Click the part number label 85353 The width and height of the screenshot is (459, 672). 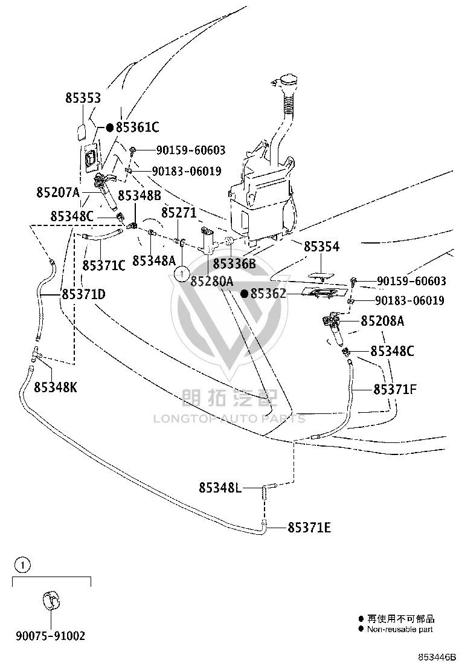pos(83,98)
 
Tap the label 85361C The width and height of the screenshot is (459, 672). pos(138,128)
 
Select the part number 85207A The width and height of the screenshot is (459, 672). pos(58,192)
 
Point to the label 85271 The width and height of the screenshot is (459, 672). pos(179,213)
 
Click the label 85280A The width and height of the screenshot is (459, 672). pos(212,282)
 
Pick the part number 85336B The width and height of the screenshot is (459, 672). pos(234,263)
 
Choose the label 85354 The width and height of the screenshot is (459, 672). pos(321,247)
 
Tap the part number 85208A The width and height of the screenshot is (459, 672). pos(382,321)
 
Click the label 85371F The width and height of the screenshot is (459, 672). pos(395,390)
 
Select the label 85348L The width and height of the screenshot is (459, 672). pos(220,488)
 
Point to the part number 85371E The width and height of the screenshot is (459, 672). pos(309,528)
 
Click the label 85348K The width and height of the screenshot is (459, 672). pos(56,387)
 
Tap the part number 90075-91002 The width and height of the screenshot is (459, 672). pos(51,636)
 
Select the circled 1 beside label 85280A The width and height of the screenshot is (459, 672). pos(182,273)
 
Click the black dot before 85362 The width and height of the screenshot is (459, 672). pos(245,294)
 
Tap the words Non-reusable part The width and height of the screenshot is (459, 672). pos(400,630)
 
